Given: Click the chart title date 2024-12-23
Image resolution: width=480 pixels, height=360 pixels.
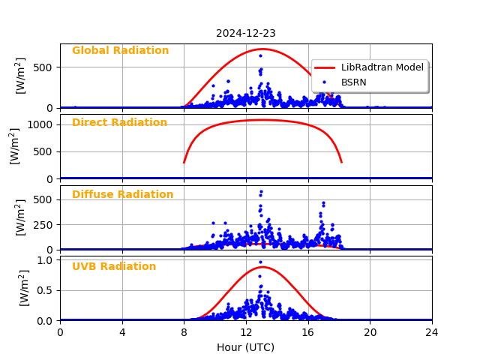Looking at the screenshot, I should (245, 33).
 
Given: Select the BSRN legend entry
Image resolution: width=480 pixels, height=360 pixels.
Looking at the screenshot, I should (353, 82).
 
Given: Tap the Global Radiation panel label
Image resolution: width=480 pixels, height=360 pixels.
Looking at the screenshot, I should (120, 51).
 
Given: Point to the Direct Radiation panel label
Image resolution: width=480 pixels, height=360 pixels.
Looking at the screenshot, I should (119, 123).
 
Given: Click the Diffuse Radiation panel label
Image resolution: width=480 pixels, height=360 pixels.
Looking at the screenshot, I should (122, 195).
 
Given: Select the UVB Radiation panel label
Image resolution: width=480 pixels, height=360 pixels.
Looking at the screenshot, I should (114, 267).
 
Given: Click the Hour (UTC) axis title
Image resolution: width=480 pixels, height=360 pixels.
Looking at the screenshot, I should (245, 347).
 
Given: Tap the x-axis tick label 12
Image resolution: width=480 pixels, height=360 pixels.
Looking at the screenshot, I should (246, 332).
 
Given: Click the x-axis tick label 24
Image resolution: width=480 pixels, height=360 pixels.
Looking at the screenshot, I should (432, 332).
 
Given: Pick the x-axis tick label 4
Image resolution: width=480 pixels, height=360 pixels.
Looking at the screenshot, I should (122, 332).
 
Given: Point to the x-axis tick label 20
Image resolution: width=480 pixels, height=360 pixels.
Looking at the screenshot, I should (370, 332).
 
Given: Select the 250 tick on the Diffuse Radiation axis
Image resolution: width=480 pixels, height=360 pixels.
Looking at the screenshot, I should (45, 224).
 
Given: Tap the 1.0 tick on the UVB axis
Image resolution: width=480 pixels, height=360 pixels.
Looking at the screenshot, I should (46, 260).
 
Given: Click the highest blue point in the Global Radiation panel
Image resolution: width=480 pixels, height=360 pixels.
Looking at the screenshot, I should (260, 55).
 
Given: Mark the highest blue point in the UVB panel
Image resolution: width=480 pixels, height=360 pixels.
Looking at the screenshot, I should (260, 262).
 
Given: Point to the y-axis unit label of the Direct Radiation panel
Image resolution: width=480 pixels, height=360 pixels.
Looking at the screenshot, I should (15, 145).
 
